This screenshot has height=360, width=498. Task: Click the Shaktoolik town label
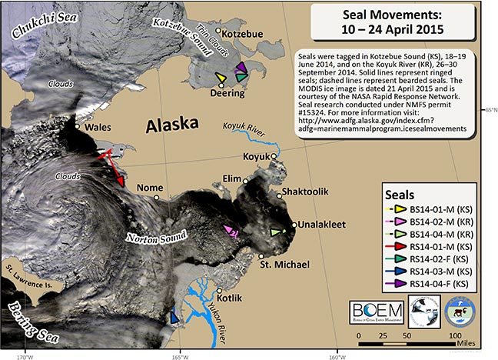coord(307,192)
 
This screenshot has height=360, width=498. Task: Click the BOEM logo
coord(374,310)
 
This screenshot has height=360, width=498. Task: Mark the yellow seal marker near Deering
coord(221,78)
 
